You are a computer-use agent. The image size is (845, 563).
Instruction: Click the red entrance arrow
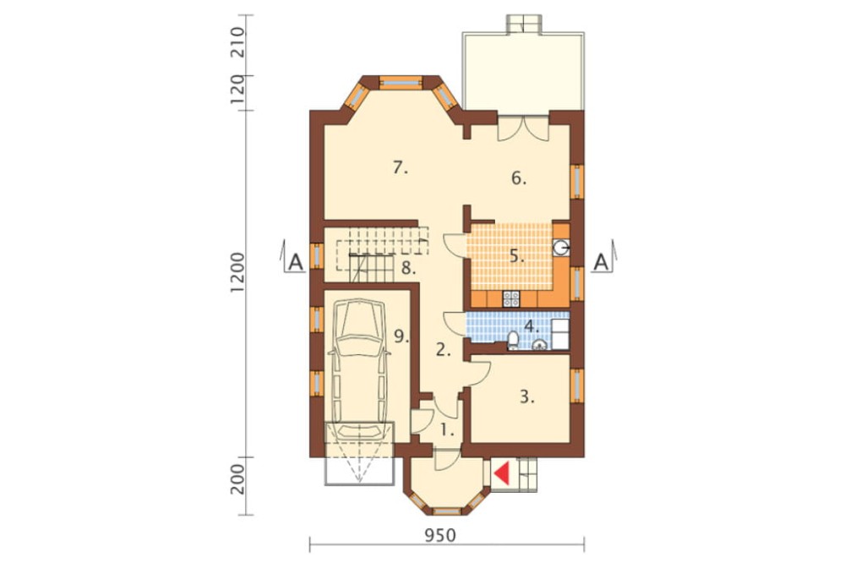(502, 473)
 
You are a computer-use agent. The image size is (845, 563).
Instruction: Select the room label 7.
(401, 168)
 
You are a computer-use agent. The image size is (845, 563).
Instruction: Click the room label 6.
(519, 178)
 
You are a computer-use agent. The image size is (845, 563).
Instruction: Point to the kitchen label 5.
(517, 256)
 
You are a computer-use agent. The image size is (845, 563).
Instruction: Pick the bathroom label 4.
(531, 325)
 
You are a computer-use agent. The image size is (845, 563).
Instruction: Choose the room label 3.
(527, 398)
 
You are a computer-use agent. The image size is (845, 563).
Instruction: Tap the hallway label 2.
(443, 351)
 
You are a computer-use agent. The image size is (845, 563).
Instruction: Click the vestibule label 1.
(448, 429)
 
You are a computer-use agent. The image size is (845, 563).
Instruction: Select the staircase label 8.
(408, 268)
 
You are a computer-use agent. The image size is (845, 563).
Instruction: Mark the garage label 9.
(402, 336)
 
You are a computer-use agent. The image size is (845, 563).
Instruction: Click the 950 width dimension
(440, 535)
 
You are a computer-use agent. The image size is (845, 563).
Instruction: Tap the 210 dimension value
(237, 42)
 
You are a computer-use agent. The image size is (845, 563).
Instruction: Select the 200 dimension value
(237, 478)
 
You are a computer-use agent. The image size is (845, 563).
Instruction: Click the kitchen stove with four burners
(510, 298)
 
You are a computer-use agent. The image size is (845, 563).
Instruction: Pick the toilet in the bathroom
(513, 341)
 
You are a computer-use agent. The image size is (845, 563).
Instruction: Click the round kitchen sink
(560, 248)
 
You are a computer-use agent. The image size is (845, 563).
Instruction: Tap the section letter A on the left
(295, 262)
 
